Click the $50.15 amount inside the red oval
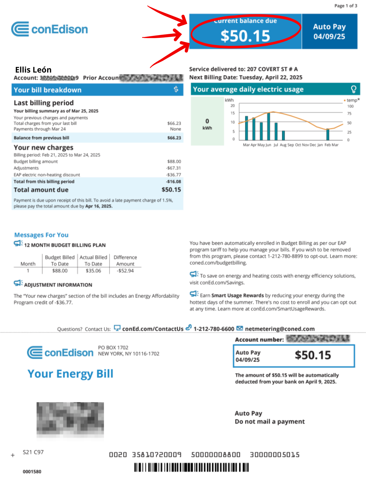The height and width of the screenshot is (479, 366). pyautogui.click(x=245, y=36)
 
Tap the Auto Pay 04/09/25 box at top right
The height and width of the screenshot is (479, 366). pyautogui.click(x=329, y=31)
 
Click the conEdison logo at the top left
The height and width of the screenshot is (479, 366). pyautogui.click(x=49, y=29)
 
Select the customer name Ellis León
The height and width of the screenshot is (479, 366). pyautogui.click(x=33, y=70)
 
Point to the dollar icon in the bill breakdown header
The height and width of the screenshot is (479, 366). pyautogui.click(x=176, y=89)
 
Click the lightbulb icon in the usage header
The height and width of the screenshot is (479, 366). pyautogui.click(x=353, y=89)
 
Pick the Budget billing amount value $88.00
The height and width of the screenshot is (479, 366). pyautogui.click(x=174, y=161)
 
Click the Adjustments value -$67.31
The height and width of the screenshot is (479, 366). pyautogui.click(x=173, y=168)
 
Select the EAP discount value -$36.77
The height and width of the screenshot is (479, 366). pyautogui.click(x=173, y=175)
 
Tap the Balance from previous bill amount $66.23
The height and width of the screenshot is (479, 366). pyautogui.click(x=174, y=138)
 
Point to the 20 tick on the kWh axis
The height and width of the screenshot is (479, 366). pyautogui.click(x=233, y=106)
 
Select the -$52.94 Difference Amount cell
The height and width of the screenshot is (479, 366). pyautogui.click(x=125, y=271)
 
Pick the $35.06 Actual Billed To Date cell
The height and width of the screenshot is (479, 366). pyautogui.click(x=93, y=271)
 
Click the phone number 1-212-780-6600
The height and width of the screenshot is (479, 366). pyautogui.click(x=214, y=329)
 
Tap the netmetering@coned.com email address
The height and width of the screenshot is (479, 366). pyautogui.click(x=280, y=329)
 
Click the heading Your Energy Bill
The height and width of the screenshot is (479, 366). pyautogui.click(x=70, y=374)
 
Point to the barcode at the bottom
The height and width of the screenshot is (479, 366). pyautogui.click(x=191, y=467)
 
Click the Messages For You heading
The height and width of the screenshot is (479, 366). pyautogui.click(x=41, y=235)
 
